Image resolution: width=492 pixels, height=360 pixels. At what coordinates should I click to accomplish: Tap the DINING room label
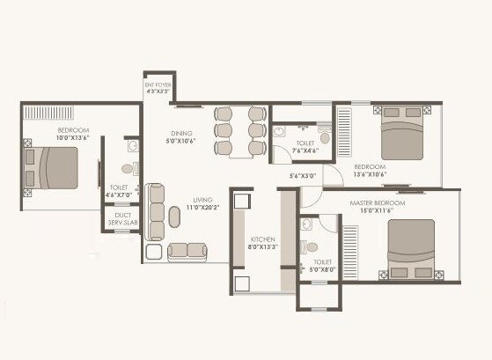click(x=182, y=135)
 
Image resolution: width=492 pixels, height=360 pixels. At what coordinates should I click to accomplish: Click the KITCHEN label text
click(x=262, y=239)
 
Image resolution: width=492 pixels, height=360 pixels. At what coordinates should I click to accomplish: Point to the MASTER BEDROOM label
click(x=363, y=202)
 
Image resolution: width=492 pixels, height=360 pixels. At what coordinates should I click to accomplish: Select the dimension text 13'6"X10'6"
click(x=371, y=173)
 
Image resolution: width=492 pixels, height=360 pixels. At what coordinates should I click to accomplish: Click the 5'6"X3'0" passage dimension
click(x=304, y=176)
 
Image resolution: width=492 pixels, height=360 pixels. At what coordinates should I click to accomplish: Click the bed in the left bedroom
click(x=55, y=168)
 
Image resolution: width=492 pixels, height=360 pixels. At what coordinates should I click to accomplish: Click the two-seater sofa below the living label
click(x=187, y=250)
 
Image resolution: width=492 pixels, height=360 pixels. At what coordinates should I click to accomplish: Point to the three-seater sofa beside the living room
click(x=156, y=212)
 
